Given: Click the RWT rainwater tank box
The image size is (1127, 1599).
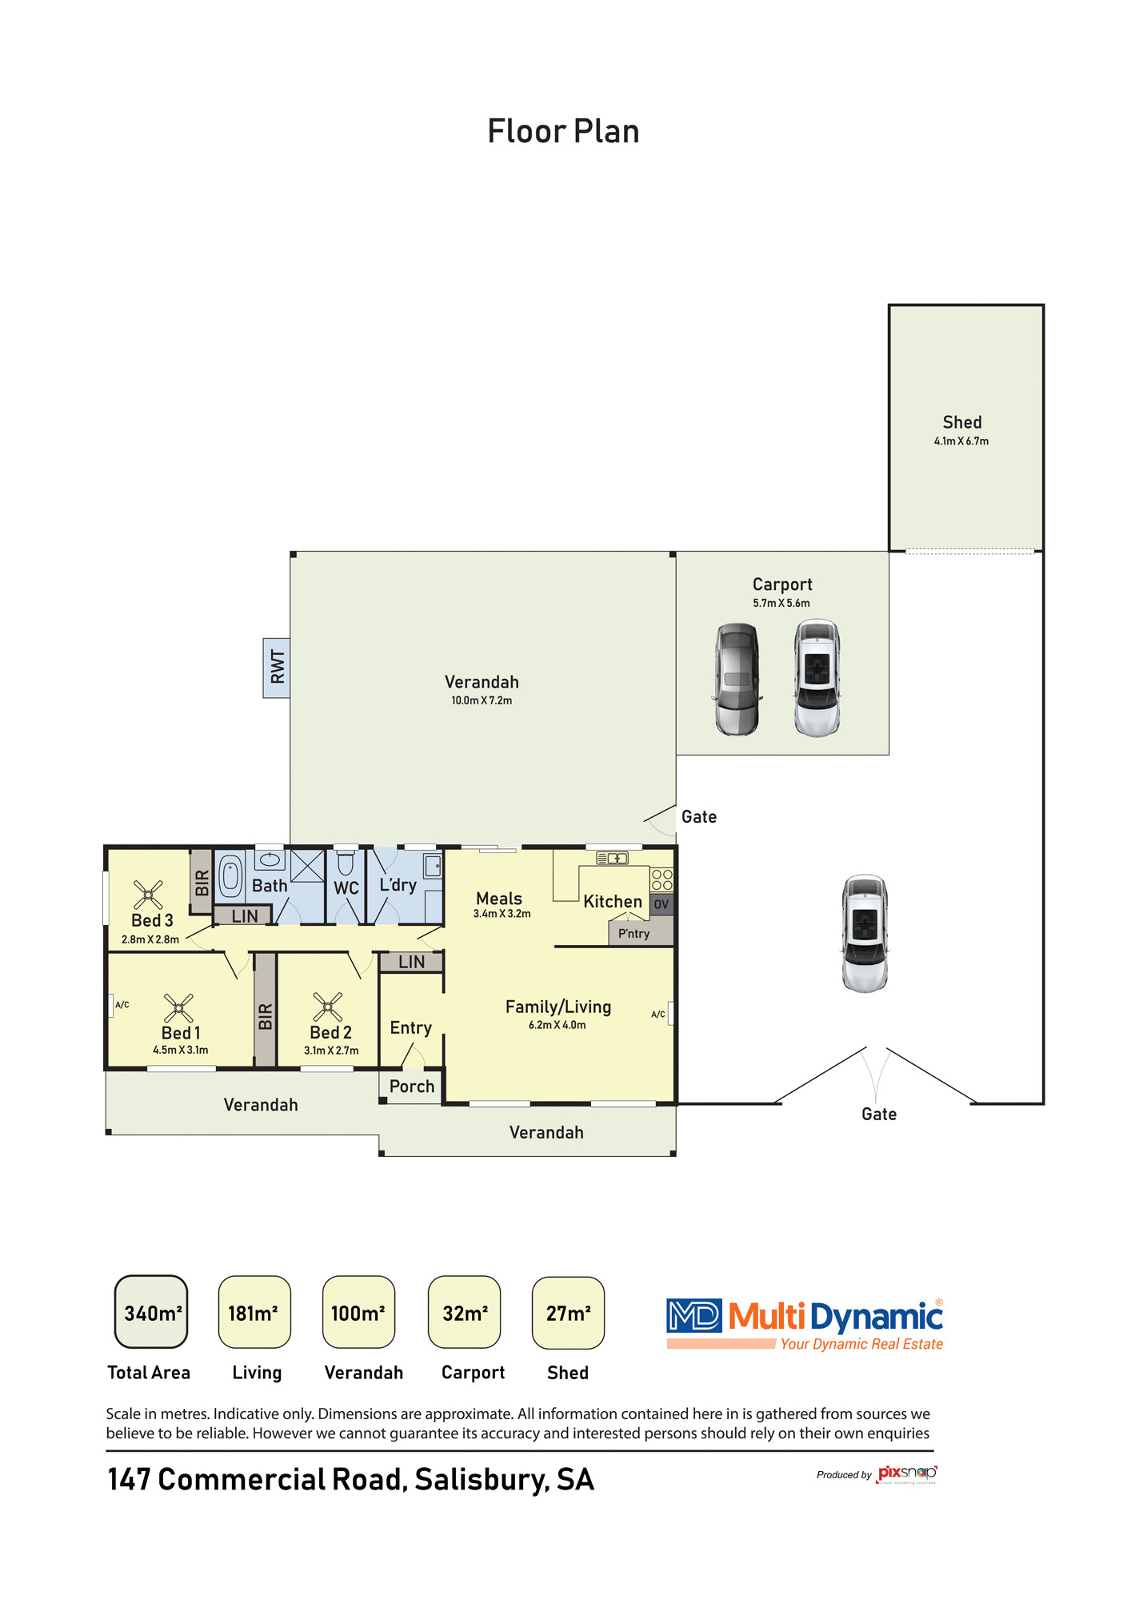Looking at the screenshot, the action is [x=277, y=668].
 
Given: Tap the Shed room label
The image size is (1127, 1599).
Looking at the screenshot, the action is [x=961, y=422].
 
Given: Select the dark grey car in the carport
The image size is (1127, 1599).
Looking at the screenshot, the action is [x=737, y=680].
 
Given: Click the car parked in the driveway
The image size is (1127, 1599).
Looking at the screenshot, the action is [x=865, y=934].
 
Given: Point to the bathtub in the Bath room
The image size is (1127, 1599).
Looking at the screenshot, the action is [x=230, y=875].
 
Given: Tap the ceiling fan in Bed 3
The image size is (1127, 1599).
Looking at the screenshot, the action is [x=148, y=895].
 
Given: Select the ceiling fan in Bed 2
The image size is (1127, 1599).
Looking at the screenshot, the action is [x=327, y=1007].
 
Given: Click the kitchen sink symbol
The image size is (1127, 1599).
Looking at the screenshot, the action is [x=612, y=858].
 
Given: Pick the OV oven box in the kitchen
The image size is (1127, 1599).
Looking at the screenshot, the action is [x=661, y=904].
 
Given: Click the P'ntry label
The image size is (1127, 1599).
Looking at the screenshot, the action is [x=633, y=933].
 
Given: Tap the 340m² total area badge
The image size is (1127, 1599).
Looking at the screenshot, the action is [x=151, y=1312].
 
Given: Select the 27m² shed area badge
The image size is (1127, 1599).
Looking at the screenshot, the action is [x=568, y=1312].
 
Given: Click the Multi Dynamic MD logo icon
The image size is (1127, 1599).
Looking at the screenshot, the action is [x=693, y=1315].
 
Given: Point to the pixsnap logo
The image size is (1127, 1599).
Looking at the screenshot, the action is [x=907, y=1474].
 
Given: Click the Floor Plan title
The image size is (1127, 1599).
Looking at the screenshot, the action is [x=563, y=132].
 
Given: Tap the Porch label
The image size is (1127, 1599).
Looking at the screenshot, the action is [x=412, y=1086].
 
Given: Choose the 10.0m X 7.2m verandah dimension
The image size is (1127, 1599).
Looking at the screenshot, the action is [x=482, y=700].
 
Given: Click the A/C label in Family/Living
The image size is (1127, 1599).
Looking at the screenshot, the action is [x=657, y=1015].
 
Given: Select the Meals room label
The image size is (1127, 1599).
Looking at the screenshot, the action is [x=499, y=899].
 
